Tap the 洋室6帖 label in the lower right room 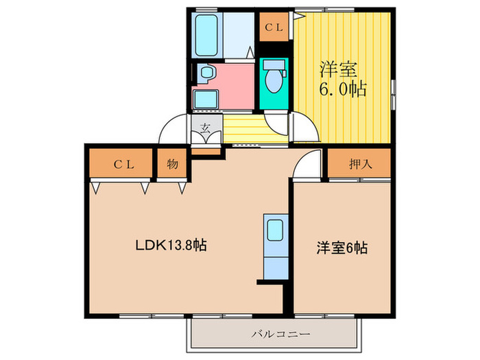[x=341, y=248]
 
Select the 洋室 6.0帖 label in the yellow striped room [x=341, y=79]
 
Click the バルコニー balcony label [x=275, y=335]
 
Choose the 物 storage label [x=172, y=164]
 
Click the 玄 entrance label [x=205, y=126]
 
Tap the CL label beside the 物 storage [x=123, y=164]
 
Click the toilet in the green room [x=274, y=77]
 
